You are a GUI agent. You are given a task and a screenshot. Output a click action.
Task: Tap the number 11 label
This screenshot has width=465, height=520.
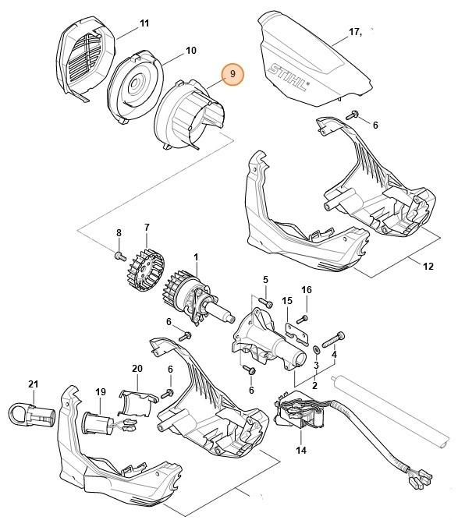(x=144, y=24)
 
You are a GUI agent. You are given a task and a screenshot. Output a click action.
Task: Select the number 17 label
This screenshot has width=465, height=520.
(x=354, y=33)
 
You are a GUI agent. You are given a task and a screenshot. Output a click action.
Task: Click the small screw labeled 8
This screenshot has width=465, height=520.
(x=119, y=255)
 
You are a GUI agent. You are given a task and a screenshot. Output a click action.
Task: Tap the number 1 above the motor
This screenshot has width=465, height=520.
(x=196, y=256)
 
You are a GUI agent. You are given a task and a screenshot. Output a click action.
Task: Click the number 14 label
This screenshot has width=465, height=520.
(x=301, y=451)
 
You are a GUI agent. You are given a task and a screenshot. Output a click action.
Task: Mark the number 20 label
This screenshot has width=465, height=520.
(x=137, y=369)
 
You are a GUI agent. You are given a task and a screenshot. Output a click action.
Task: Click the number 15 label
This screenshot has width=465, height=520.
(x=286, y=300)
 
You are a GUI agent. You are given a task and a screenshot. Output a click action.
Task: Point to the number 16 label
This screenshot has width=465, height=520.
(x=307, y=290)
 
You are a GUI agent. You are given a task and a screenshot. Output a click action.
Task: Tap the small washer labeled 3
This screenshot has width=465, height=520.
(x=316, y=348)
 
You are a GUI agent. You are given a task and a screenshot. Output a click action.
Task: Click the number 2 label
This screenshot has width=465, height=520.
(x=314, y=384)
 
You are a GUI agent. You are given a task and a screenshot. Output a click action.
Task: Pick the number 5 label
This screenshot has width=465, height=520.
(x=264, y=279)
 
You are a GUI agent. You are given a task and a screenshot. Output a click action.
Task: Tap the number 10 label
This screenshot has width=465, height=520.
(x=190, y=51)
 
